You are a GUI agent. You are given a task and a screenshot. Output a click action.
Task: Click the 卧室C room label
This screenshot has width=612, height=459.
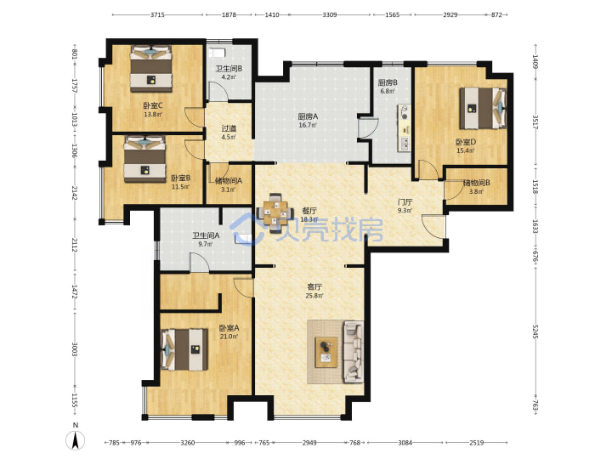[x=153, y=105]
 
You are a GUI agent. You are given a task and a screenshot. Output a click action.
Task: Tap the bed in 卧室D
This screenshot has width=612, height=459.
[x=483, y=108]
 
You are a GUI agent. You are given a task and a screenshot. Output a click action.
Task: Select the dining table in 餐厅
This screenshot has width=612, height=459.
[x=275, y=213]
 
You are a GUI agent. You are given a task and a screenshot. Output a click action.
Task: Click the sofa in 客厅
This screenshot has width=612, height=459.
[x=354, y=352]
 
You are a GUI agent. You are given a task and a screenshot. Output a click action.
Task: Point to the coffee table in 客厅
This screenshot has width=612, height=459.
[x=326, y=352]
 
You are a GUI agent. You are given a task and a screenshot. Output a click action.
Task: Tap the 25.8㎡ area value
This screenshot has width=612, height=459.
[x=314, y=296]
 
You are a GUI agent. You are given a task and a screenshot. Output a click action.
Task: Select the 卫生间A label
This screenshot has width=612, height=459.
[x=206, y=235]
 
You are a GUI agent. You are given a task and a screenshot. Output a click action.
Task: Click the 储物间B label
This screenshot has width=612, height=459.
[x=477, y=183]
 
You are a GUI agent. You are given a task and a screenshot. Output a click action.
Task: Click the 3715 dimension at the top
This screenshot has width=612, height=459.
[x=157, y=14]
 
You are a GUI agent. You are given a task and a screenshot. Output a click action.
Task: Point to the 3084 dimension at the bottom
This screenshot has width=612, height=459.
[x=405, y=443]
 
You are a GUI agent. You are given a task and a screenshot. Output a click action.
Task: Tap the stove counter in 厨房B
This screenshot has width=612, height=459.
[x=405, y=128]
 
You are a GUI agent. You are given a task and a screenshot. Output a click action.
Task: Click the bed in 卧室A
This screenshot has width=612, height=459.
[x=184, y=349]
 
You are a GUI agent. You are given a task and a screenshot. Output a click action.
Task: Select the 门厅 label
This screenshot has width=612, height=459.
[x=405, y=202]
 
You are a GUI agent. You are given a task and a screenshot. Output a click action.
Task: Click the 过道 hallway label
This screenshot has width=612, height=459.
[x=229, y=128]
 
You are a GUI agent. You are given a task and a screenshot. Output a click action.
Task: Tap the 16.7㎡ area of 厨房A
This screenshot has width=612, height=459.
[x=308, y=125]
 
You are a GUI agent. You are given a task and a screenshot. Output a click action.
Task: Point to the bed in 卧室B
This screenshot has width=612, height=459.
[x=144, y=159]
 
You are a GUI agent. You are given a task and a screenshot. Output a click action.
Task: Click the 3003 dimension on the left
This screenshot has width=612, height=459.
[x=74, y=349]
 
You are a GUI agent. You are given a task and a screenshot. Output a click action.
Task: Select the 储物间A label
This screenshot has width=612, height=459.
[x=229, y=181]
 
